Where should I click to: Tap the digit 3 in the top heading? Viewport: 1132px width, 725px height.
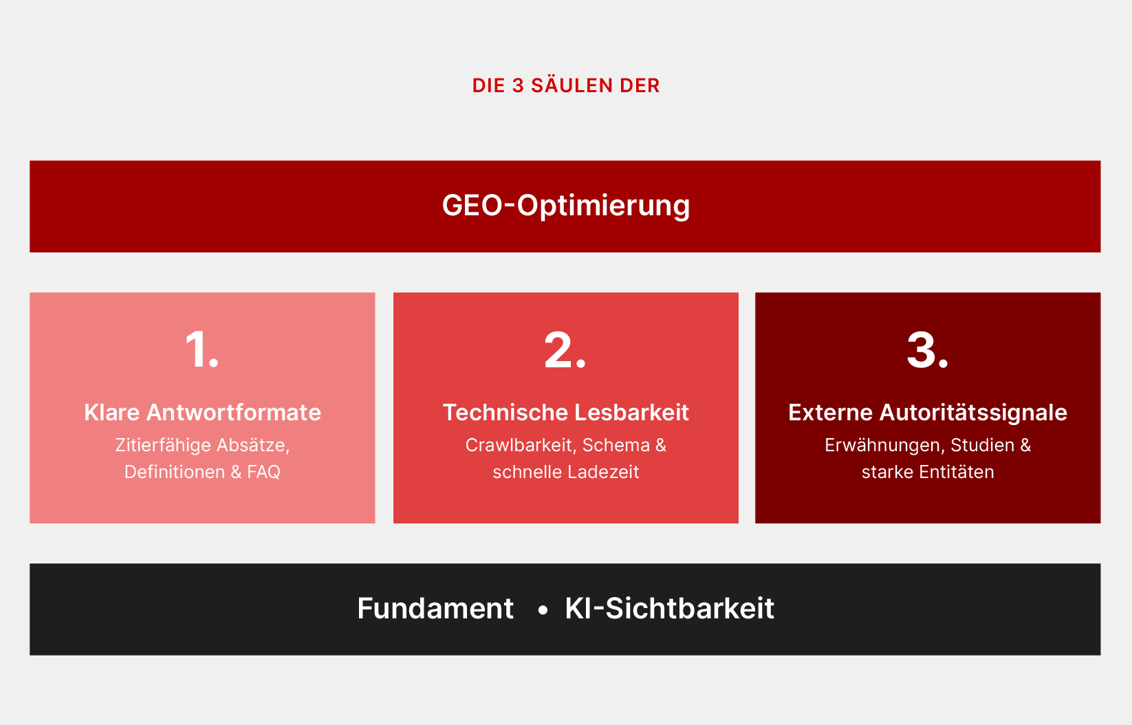tap(518, 86)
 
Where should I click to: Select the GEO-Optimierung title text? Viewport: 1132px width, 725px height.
tap(566, 206)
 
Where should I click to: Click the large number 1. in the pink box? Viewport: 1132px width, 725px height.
tap(202, 349)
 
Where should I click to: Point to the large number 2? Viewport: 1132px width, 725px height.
tap(565, 350)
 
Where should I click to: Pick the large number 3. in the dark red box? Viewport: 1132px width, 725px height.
tap(928, 350)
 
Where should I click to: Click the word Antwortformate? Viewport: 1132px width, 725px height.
tap(233, 413)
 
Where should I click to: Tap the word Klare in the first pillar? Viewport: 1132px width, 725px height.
tap(111, 413)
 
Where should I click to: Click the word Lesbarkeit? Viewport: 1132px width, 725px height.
tap(632, 413)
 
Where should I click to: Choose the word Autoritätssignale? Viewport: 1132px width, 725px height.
tap(973, 413)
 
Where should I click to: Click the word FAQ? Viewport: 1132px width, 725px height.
tap(263, 472)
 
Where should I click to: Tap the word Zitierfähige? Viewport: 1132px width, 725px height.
tap(163, 446)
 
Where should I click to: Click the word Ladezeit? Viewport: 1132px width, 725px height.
tap(603, 472)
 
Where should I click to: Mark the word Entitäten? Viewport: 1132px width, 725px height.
tap(956, 472)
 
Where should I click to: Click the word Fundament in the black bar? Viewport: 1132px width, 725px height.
tap(435, 608)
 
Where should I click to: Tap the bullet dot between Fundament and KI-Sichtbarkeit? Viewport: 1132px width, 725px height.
tap(543, 610)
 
